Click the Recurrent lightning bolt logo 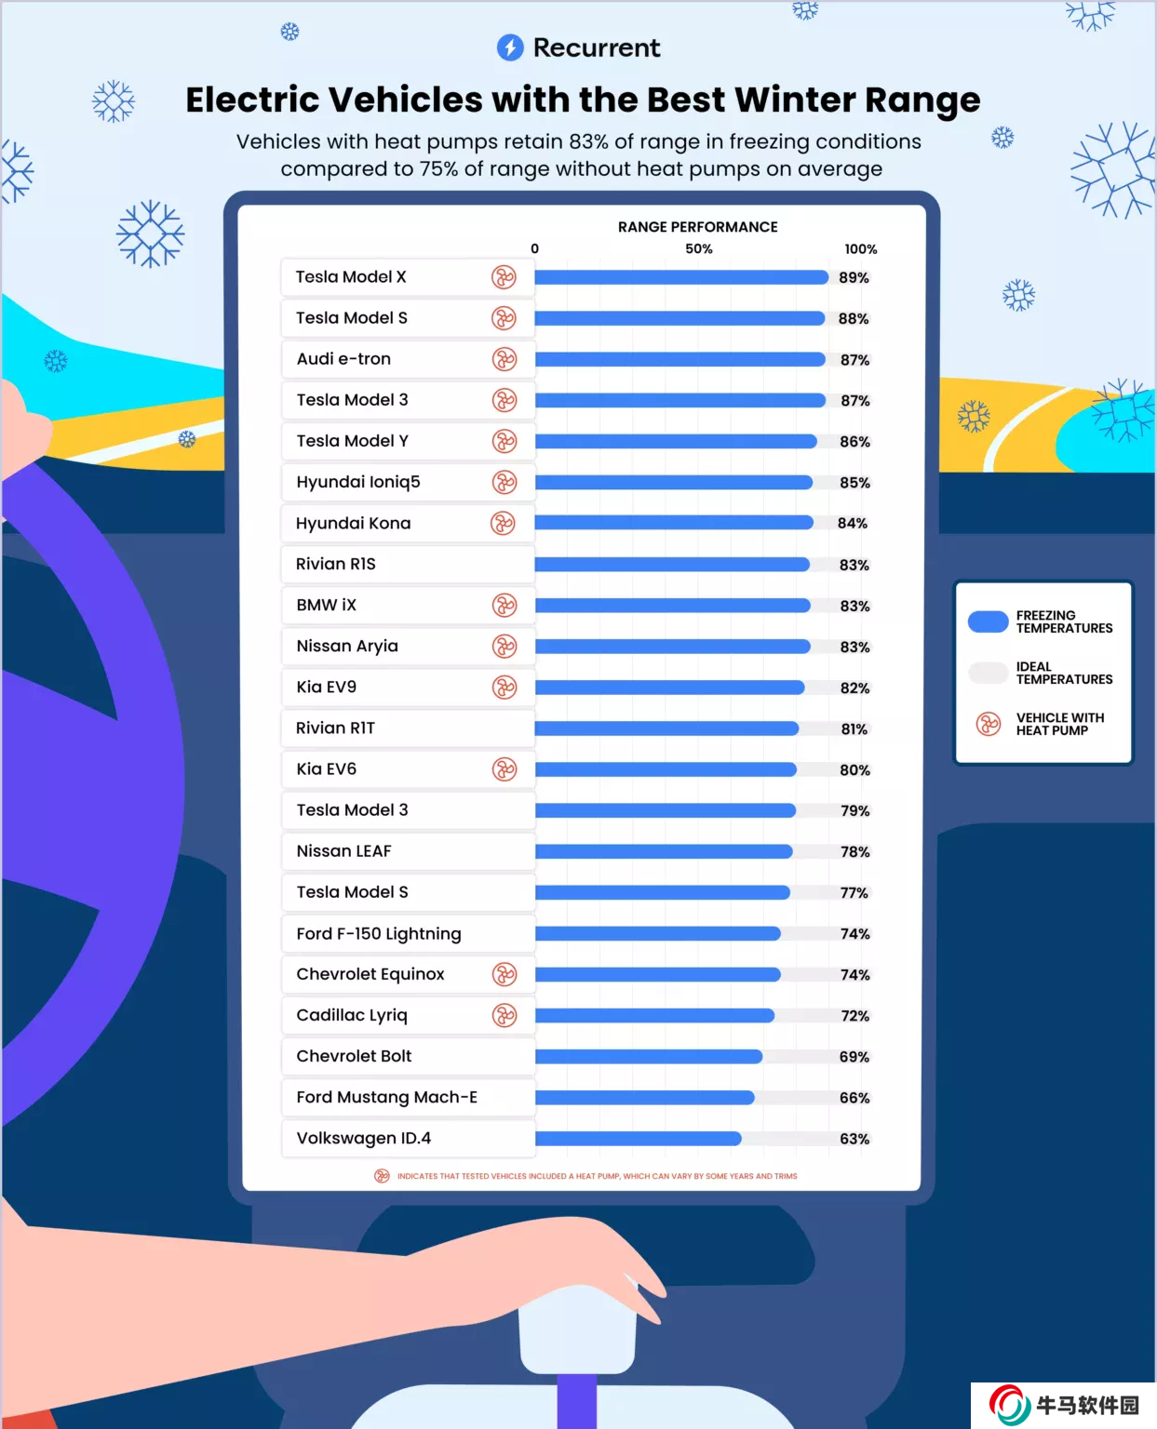pyautogui.click(x=510, y=47)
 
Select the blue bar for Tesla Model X pyautogui.click(x=680, y=277)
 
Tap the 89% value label pyautogui.click(x=854, y=277)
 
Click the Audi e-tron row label pyautogui.click(x=343, y=359)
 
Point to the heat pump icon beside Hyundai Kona pyautogui.click(x=503, y=523)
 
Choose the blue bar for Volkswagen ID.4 pyautogui.click(x=638, y=1139)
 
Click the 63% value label pyautogui.click(x=854, y=1139)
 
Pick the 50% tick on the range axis pyautogui.click(x=699, y=249)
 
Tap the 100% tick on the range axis pyautogui.click(x=861, y=249)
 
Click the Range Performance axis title pyautogui.click(x=697, y=227)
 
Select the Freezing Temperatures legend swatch pyautogui.click(x=988, y=621)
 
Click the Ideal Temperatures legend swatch pyautogui.click(x=988, y=673)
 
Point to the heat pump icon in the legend pyautogui.click(x=988, y=724)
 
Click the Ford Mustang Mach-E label pyautogui.click(x=386, y=1098)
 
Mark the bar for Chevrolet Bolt pyautogui.click(x=649, y=1057)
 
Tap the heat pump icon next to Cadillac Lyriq pyautogui.click(x=505, y=1015)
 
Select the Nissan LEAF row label pyautogui.click(x=343, y=851)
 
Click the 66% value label pyautogui.click(x=854, y=1098)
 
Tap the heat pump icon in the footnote pyautogui.click(x=382, y=1176)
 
